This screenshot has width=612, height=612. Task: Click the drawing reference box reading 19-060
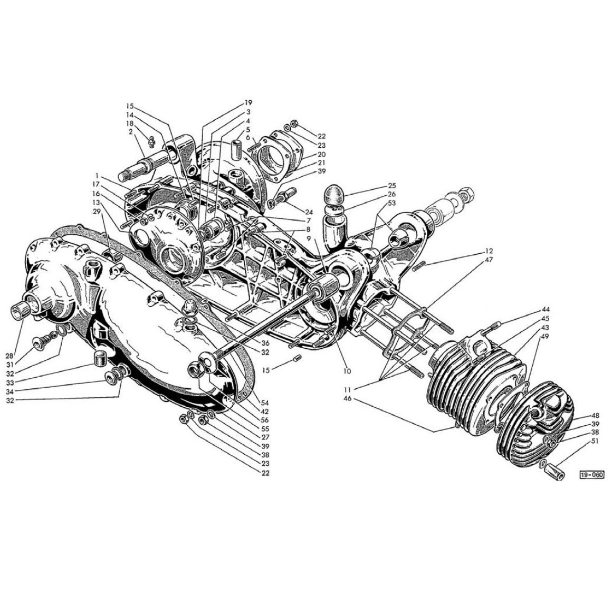(x=592, y=475)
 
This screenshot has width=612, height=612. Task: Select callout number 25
(x=392, y=186)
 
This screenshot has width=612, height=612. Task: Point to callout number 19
(x=248, y=103)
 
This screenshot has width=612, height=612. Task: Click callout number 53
(x=392, y=203)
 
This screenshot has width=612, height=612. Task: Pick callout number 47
(x=489, y=259)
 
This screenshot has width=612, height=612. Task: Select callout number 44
(x=545, y=310)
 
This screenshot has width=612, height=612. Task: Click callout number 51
(x=595, y=442)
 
